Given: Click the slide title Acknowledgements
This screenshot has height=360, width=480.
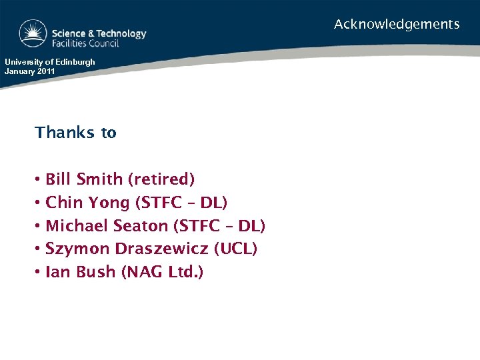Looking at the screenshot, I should (x=397, y=25).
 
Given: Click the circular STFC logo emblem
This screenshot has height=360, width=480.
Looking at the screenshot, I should (x=33, y=34).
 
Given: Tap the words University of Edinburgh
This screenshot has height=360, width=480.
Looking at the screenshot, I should (x=50, y=62).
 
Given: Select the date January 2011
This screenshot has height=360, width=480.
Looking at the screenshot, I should (x=31, y=71).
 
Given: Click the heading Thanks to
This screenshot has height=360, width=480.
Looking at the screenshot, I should (x=75, y=133).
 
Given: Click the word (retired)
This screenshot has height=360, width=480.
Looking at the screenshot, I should (x=161, y=179).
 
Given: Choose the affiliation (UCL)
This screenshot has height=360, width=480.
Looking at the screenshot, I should (x=235, y=249).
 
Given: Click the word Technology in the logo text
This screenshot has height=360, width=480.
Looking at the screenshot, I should (x=121, y=33).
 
